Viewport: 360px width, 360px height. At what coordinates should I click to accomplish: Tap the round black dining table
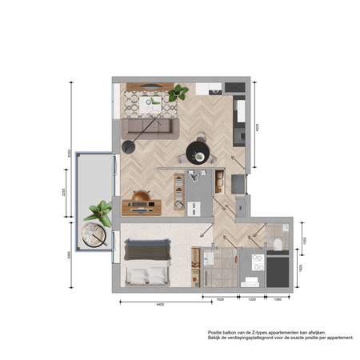point(197,152)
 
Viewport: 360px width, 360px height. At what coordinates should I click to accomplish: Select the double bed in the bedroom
point(147,263)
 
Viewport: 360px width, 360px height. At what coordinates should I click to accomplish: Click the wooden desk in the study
point(142,206)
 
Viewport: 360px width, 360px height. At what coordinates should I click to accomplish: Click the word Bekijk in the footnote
point(217,338)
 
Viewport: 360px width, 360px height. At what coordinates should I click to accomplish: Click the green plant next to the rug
point(178,93)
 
